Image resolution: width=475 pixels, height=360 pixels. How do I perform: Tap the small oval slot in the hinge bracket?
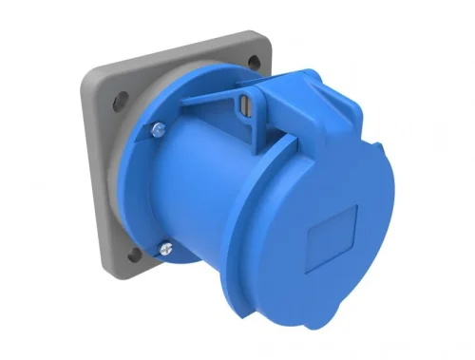pos(248,106)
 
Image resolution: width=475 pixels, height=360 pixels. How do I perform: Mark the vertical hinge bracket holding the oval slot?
pos(249,114)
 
